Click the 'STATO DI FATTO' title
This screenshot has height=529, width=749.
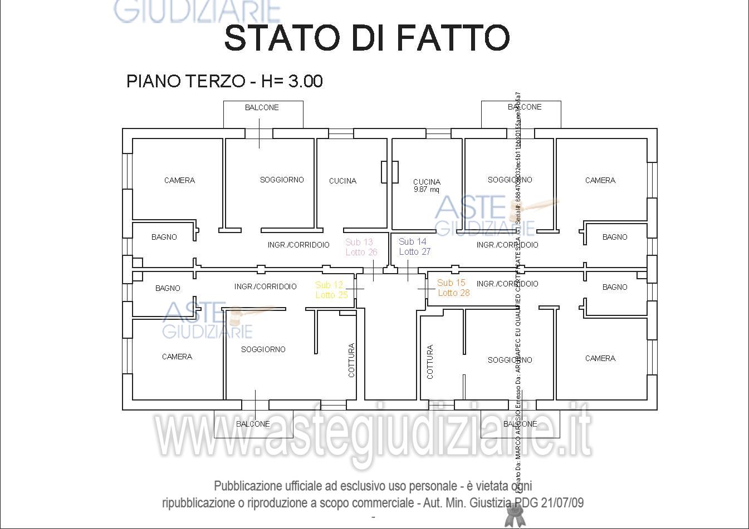[x=367, y=38]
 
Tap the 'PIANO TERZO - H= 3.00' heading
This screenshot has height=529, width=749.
[x=224, y=81]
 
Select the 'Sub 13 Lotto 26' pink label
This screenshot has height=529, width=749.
[x=361, y=247]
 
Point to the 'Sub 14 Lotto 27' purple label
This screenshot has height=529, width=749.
[x=414, y=246]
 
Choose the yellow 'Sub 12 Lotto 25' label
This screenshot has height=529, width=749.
[x=331, y=290]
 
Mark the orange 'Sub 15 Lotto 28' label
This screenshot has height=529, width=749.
[x=453, y=288]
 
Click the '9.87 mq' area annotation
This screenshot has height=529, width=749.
[x=427, y=190]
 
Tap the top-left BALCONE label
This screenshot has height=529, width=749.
[x=262, y=107]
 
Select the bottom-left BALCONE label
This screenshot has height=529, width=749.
[x=253, y=424]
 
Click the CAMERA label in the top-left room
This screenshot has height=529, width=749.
[x=179, y=180]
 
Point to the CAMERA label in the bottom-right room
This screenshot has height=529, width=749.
[x=600, y=358]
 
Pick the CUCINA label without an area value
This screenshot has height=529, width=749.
[x=342, y=181]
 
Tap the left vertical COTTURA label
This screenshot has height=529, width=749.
[x=351, y=360]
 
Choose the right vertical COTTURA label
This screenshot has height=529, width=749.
[x=430, y=362]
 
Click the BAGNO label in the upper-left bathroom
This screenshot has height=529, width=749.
[x=164, y=237]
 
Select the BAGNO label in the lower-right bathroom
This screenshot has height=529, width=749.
[x=615, y=287]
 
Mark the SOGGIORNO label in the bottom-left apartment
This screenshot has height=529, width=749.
[x=263, y=349]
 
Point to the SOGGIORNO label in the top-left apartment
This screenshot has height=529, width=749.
[x=282, y=180]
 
